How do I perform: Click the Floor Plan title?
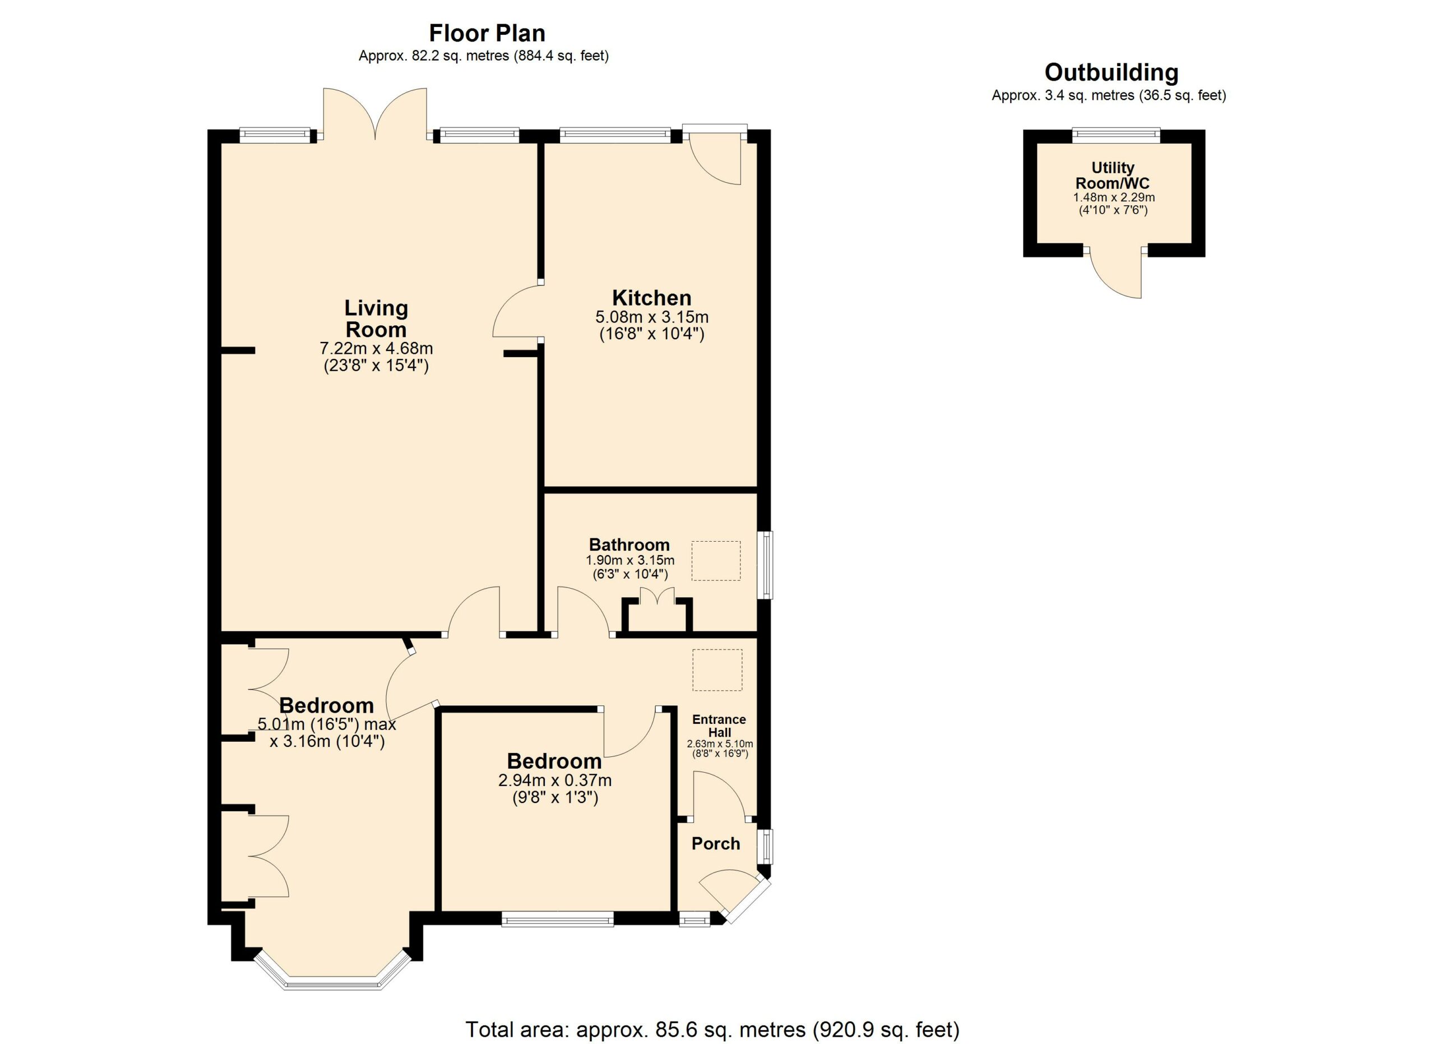487,33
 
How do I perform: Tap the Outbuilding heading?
1111,73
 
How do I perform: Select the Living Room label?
376,319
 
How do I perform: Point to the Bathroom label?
629,545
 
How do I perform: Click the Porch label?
716,843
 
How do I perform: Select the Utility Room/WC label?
1112,176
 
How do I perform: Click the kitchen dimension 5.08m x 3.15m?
652,316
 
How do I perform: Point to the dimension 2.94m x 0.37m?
555,780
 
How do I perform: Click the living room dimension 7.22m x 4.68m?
376,349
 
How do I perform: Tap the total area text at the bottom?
712,1029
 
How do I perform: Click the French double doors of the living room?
375,114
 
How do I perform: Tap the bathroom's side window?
767,565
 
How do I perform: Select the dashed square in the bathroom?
716,561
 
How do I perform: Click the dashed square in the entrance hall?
717,670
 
